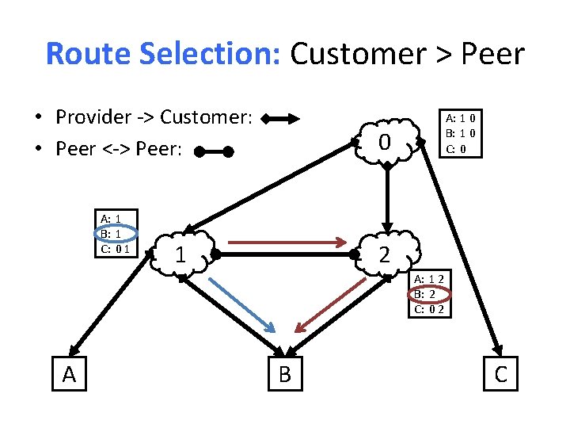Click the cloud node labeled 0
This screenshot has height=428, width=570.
tap(386, 143)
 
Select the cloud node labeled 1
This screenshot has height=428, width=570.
tap(182, 255)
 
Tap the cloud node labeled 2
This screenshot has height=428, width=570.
tap(386, 255)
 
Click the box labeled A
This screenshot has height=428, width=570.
tap(69, 373)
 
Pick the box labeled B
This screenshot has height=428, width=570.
tap(284, 373)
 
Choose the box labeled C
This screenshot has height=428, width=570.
tap(500, 373)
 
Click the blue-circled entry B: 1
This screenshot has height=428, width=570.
tap(111, 235)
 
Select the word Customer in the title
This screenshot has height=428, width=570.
tap(357, 54)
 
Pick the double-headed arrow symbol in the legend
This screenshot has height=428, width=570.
tap(281, 120)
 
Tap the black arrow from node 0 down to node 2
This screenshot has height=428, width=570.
tap(386, 198)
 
